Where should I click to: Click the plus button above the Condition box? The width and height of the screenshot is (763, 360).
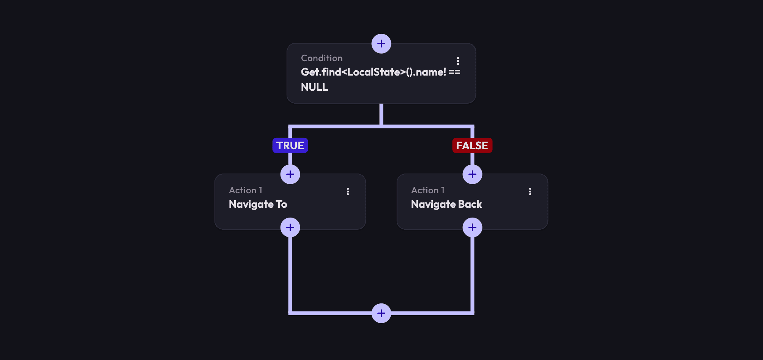381,44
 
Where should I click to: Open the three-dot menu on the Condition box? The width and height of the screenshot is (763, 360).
458,61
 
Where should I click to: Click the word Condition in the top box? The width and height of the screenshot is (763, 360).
322,58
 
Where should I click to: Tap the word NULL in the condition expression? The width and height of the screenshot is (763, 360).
314,87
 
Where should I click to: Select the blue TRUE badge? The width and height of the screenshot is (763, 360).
290,145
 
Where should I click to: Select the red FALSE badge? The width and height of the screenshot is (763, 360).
472,145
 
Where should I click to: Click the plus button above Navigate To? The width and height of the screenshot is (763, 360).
290,174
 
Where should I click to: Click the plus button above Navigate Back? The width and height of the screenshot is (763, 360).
472,174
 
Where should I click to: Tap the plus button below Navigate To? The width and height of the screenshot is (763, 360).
290,227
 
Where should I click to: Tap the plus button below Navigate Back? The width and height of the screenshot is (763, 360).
472,227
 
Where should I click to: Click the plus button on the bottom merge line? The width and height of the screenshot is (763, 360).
381,313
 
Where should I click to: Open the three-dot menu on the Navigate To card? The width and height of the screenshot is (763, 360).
348,191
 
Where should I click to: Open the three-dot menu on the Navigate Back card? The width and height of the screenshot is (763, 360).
530,191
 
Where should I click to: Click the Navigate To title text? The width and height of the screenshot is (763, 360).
258,204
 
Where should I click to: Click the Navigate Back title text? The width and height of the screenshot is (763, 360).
446,204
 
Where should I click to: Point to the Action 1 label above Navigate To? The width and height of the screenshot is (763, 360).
245,190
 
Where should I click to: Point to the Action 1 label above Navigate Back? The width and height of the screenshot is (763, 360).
427,190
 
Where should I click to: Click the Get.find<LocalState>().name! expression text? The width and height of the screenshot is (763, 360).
373,72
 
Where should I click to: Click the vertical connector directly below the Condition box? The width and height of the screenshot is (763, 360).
381,114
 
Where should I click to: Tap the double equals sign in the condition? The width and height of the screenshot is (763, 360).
454,72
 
